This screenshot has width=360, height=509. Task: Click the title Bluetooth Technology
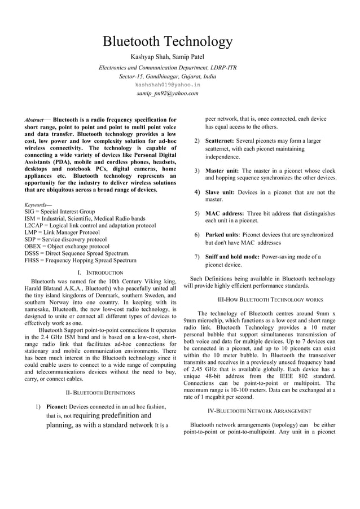pyautogui.click(x=168, y=42)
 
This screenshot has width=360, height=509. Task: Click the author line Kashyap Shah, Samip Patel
pyautogui.click(x=168, y=56)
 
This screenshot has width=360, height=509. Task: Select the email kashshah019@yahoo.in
pyautogui.click(x=168, y=84)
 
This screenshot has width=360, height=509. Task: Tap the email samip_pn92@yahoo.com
pyautogui.click(x=168, y=93)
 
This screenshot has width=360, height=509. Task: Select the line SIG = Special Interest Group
pyautogui.click(x=59, y=212)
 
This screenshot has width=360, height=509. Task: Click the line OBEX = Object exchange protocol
pyautogui.click(x=67, y=247)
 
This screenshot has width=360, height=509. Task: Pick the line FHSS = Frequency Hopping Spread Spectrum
pyautogui.click(x=80, y=260)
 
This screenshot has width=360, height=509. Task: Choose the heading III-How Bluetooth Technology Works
pyautogui.click(x=270, y=300)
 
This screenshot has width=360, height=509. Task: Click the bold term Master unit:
pyautogui.click(x=222, y=170)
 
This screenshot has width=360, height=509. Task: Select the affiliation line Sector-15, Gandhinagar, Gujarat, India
pyautogui.click(x=168, y=76)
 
